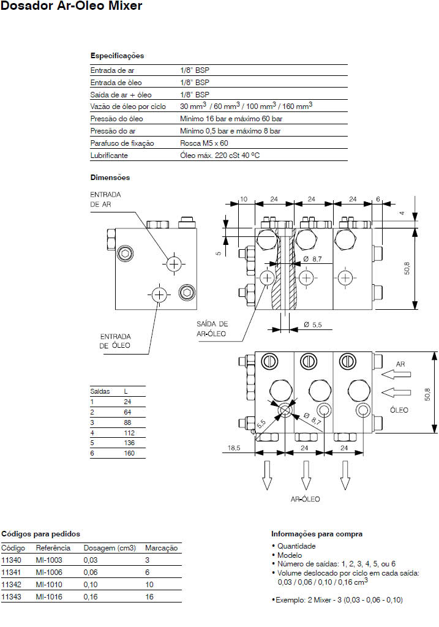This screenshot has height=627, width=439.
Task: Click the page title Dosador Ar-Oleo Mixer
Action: tap(72, 7)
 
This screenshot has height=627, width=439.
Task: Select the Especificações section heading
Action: tap(117, 56)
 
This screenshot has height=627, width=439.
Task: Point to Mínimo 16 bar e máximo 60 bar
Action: tap(230, 119)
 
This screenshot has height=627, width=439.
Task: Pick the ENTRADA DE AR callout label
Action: tap(106, 199)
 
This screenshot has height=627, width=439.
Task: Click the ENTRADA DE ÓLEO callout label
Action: tap(115, 341)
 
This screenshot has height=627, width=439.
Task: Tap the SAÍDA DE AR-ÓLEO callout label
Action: tap(212, 328)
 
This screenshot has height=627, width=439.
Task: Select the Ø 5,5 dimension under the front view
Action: tap(312, 325)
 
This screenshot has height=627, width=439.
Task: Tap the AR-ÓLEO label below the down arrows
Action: tap(305, 499)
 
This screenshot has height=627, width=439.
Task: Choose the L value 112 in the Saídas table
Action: tap(129, 433)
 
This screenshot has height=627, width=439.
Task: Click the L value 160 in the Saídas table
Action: tap(129, 454)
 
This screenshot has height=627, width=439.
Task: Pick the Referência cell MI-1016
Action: tap(49, 596)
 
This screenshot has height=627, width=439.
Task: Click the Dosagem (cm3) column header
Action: tap(110, 548)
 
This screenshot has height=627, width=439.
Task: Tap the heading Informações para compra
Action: tap(317, 534)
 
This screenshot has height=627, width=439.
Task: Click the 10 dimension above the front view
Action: tap(243, 199)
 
